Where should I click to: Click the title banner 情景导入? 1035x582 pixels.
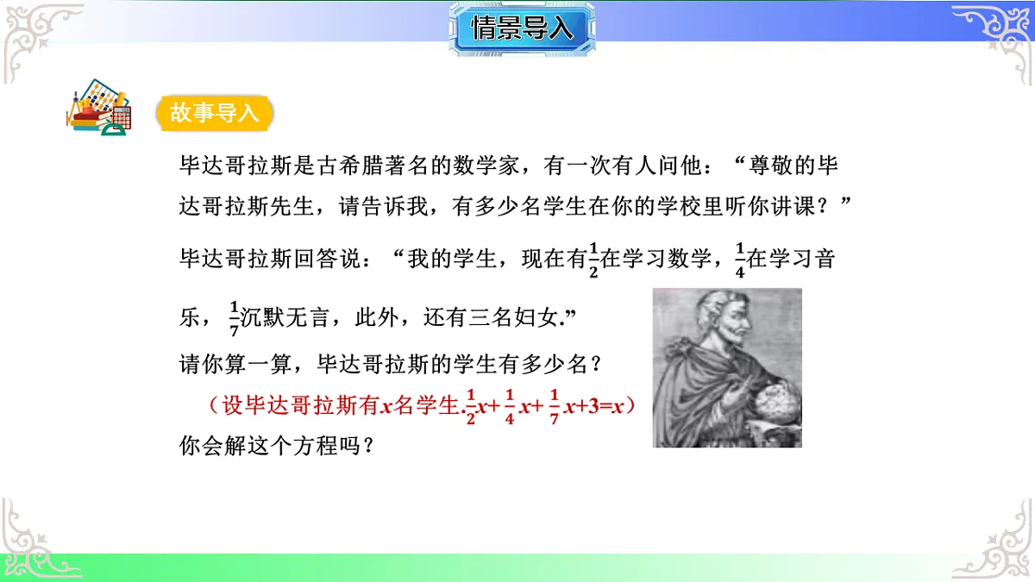pos(522,28)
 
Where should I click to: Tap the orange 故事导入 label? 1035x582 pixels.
pos(215,113)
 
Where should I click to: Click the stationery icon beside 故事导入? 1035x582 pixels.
pos(97,109)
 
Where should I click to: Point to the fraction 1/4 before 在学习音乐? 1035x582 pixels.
pos(738,258)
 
